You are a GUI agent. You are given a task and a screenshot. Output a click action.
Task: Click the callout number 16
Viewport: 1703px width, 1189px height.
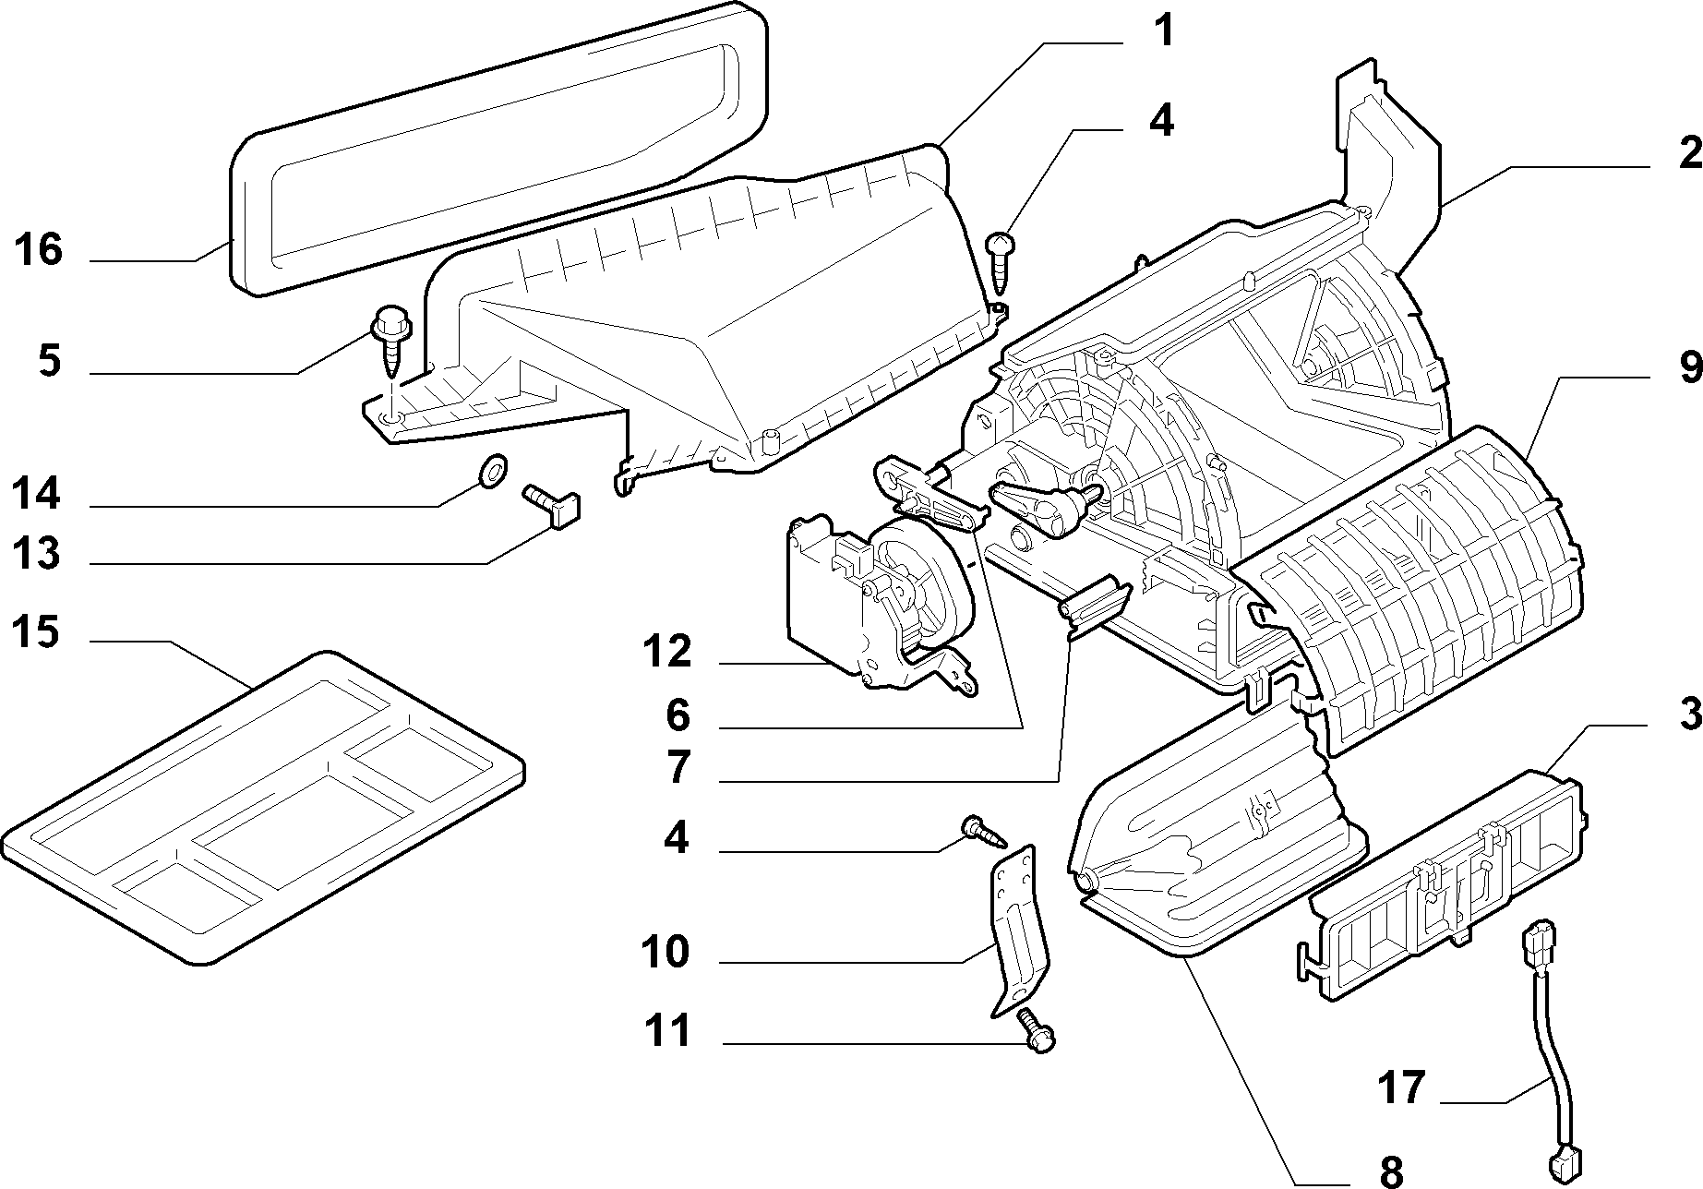38,250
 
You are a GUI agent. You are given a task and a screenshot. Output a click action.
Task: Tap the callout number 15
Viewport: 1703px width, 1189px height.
36,633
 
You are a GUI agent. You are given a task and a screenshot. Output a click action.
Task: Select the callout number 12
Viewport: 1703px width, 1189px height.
667,653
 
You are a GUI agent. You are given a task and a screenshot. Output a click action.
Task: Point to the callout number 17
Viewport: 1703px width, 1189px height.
1402,1087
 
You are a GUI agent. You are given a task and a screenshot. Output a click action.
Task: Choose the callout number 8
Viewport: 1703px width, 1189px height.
1391,1171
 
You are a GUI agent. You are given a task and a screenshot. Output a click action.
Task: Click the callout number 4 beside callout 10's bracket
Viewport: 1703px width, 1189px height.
677,838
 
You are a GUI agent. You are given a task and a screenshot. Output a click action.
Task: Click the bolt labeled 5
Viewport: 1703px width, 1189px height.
391,339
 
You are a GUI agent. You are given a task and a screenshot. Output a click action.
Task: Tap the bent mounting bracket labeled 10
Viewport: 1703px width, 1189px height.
1015,928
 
